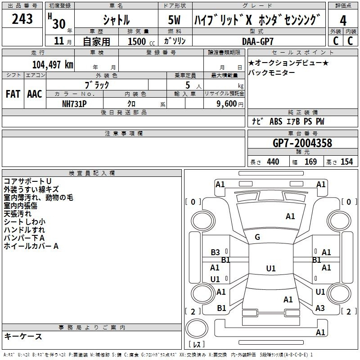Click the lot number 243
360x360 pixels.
point(22,19)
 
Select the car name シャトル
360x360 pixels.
point(116,19)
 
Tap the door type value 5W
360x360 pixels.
point(175,19)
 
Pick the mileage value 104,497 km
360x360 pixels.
point(53,64)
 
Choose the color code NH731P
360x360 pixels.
point(74,103)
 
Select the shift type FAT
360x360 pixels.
point(13,94)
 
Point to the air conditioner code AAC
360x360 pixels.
point(34,94)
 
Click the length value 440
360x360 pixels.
point(273,162)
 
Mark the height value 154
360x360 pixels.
point(346,162)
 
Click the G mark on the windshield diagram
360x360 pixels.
point(257,237)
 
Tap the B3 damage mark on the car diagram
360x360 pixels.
point(216,252)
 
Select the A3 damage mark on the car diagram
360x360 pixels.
point(320,308)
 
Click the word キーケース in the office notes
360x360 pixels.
point(23,337)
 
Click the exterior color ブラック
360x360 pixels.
point(97,84)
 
